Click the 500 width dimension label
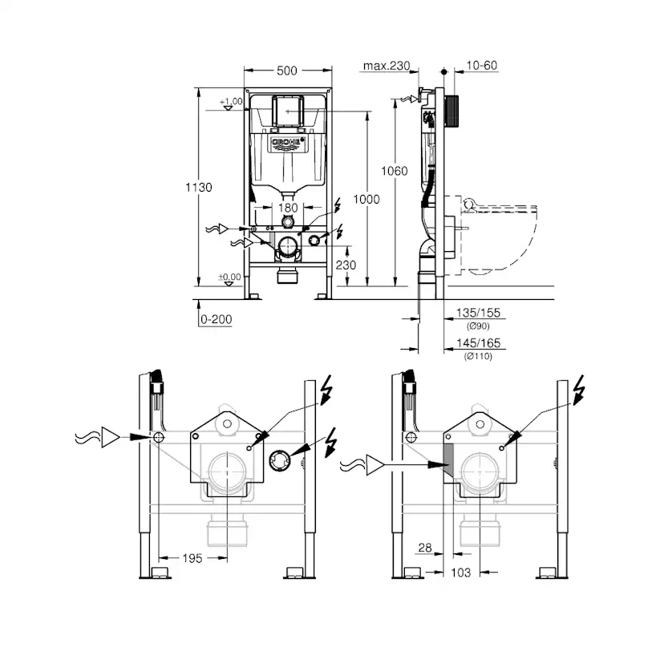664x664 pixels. coord(286,71)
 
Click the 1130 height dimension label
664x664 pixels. coord(199,187)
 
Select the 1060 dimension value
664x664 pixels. coord(395,171)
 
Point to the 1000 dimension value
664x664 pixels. coord(366,200)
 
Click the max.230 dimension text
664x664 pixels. coord(387,66)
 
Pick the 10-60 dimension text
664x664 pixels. coord(481,65)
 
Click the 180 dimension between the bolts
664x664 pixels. coord(288,208)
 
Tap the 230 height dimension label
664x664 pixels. coord(346,265)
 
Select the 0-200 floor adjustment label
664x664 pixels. coord(217,319)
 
